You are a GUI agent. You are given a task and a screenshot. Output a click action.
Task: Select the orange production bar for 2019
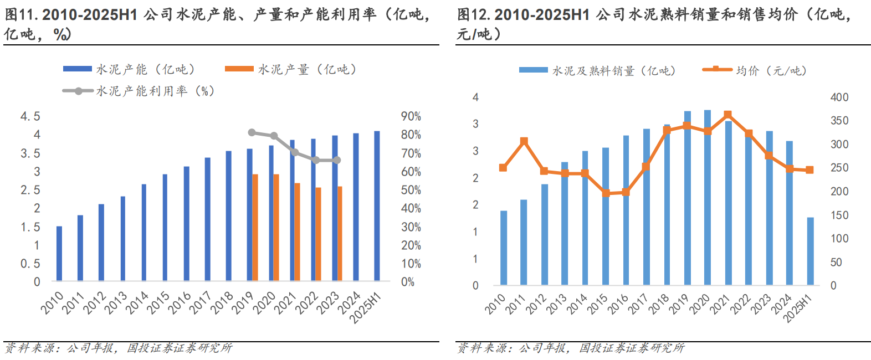tap(255, 228)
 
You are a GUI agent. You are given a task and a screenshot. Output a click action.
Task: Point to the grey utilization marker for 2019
tap(252, 132)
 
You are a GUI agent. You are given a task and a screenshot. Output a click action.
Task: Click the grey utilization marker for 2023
tap(337, 160)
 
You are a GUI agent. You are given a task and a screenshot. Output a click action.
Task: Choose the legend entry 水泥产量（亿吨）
tap(290, 69)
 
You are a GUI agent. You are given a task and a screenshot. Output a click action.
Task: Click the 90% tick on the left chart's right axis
tap(411, 116)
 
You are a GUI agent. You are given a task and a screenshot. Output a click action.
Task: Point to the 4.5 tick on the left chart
tap(30, 116)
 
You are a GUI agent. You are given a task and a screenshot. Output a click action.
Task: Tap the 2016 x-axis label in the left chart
tap(180, 302)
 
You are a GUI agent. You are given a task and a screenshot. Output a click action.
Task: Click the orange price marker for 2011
tap(524, 141)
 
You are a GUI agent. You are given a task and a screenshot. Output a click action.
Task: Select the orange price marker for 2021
tap(727, 115)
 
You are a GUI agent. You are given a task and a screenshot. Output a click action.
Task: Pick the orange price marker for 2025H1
tap(809, 170)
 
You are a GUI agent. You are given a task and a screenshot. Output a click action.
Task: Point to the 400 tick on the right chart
tap(839, 97)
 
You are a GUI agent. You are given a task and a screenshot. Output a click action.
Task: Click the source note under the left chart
tap(118, 348)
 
